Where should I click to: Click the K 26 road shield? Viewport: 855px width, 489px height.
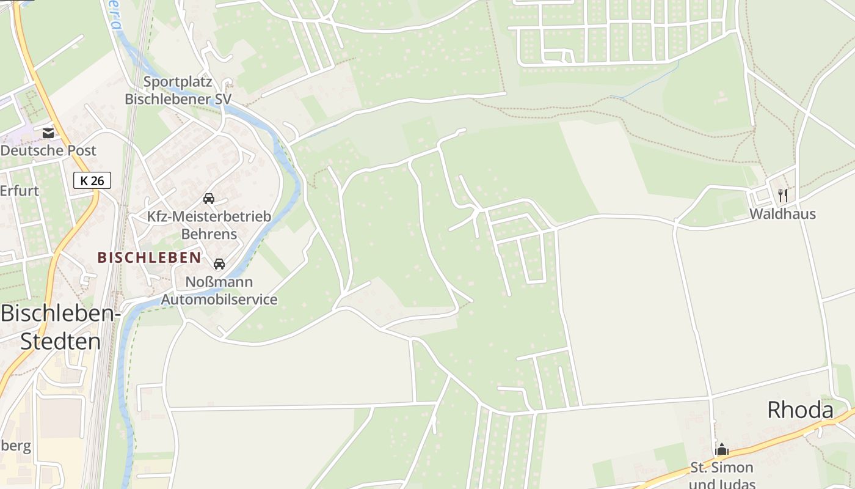click(92, 180)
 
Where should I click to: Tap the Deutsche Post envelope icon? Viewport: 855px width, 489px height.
click(48, 133)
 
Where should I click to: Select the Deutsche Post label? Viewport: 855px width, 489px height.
click(49, 150)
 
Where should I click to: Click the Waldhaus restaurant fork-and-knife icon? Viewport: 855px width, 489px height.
click(783, 196)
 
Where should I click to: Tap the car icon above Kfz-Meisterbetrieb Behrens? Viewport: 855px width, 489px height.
click(209, 199)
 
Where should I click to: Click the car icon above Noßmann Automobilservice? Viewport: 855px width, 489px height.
click(219, 264)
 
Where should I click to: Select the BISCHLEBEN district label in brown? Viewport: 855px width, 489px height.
click(149, 257)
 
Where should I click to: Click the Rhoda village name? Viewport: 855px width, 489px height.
click(800, 410)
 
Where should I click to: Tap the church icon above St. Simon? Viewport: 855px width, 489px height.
click(722, 450)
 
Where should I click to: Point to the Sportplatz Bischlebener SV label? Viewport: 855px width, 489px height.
click(178, 90)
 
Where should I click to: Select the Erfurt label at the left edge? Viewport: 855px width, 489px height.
click(20, 190)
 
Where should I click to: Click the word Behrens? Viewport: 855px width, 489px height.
click(209, 234)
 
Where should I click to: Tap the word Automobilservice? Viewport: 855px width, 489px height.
click(219, 300)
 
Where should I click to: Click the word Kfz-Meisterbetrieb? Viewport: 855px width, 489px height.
click(209, 216)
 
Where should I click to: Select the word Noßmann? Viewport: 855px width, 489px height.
click(219, 282)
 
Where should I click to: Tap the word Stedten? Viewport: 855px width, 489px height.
click(60, 341)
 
